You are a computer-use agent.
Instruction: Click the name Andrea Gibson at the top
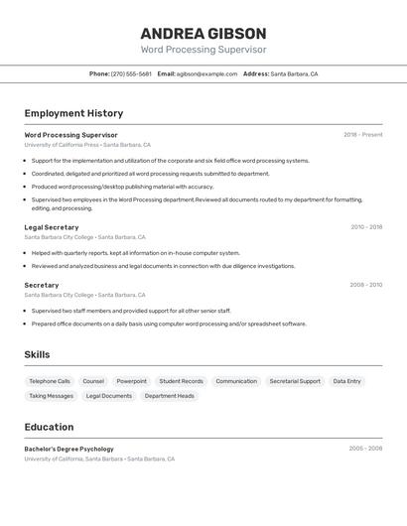[203, 33]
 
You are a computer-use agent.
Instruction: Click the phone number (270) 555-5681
[131, 73]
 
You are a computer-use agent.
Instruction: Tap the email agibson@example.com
[206, 73]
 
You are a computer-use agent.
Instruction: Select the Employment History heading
[73, 113]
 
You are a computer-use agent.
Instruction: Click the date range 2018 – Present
[362, 135]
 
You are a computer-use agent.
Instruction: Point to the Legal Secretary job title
[52, 227]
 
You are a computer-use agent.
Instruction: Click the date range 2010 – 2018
[365, 227]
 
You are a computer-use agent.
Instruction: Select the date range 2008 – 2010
[365, 285]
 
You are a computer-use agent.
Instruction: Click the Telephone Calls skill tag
[50, 381]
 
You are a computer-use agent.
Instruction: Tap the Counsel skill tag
[93, 381]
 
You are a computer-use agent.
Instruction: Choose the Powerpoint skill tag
[131, 381]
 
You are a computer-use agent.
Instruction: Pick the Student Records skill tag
[181, 381]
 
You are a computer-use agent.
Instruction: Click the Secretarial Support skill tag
[295, 381]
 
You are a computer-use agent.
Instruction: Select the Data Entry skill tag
[346, 381]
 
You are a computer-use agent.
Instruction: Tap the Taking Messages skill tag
[51, 396]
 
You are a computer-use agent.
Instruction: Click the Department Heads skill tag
[170, 396]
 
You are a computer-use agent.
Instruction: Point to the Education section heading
[49, 427]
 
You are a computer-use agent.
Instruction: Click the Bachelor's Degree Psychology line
[68, 449]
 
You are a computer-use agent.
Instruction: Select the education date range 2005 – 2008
[365, 449]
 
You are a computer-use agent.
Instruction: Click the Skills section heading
[37, 354]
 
